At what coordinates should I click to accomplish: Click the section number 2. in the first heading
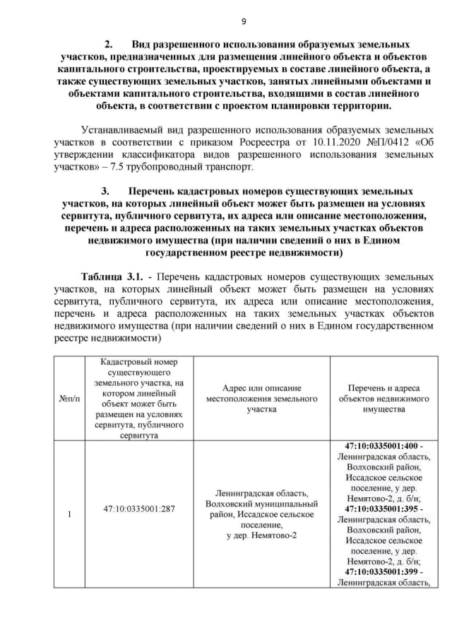click(109, 44)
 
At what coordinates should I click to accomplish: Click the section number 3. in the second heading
click(105, 192)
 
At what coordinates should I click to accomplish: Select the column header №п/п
click(69, 400)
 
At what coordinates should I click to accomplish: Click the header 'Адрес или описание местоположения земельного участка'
click(262, 399)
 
